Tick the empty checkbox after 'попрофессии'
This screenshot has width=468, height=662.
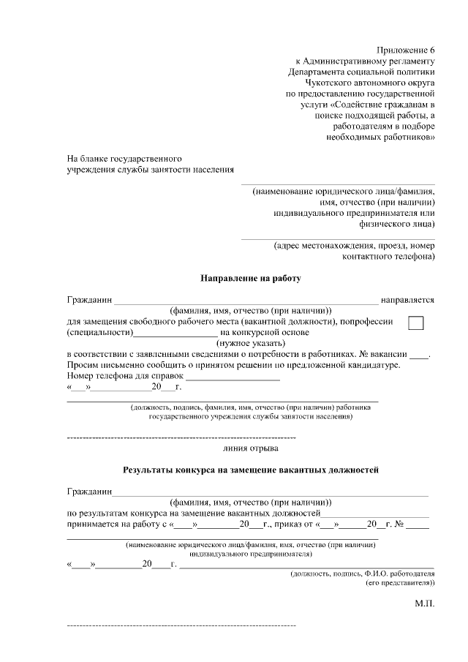click(416, 323)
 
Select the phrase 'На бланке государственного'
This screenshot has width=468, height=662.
click(124, 158)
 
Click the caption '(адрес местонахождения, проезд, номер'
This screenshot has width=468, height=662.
click(354, 246)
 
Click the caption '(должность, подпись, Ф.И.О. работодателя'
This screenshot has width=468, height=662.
click(362, 574)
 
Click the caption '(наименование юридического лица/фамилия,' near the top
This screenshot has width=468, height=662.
click(344, 191)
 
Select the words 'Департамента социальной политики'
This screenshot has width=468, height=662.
click(361, 72)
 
